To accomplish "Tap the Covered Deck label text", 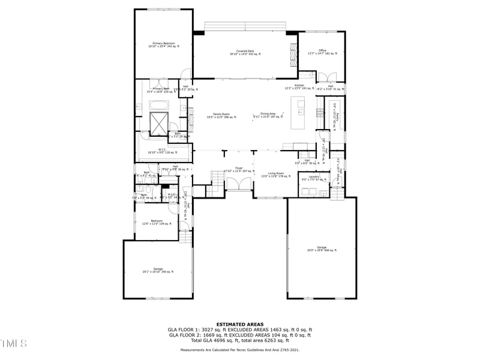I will (246, 52).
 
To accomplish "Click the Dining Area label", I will (268, 115).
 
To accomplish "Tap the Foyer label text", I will (238, 170).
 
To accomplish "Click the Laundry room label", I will (314, 177).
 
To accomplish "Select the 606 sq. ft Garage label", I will (321, 248).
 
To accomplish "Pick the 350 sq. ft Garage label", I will (158, 270).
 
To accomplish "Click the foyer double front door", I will (238, 182).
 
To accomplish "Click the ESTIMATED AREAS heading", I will (240, 324).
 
